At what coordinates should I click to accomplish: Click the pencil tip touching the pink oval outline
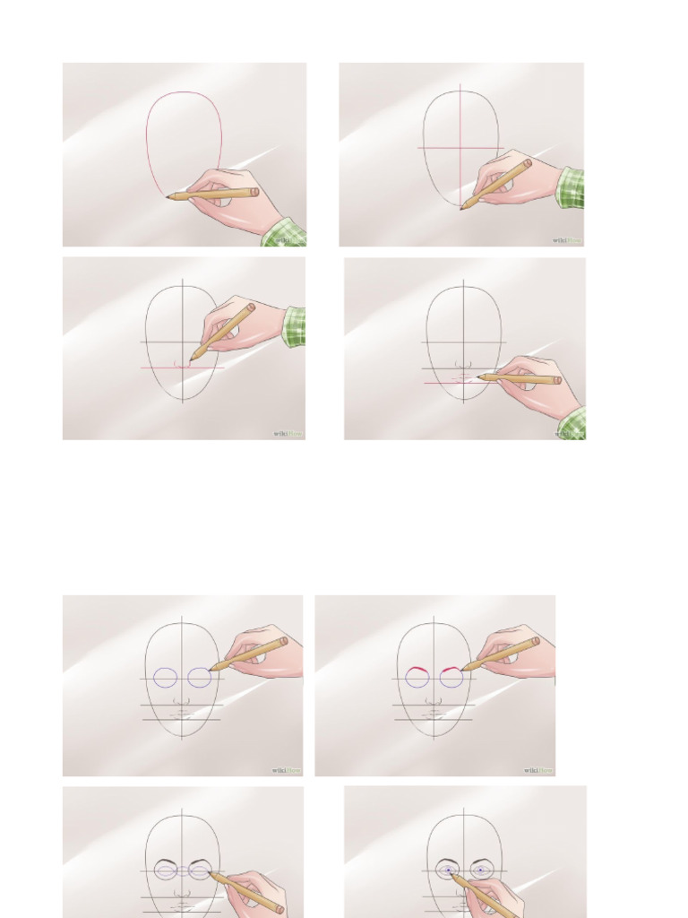(168, 196)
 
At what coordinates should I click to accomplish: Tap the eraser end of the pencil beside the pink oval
(254, 191)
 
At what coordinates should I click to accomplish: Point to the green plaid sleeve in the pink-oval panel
(285, 233)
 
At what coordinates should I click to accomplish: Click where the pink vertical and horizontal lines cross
(461, 147)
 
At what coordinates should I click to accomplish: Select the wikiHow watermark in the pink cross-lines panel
(566, 239)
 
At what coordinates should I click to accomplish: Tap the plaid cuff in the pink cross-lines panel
(570, 187)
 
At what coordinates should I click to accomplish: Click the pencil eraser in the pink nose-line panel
(251, 307)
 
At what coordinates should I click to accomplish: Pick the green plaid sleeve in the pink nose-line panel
(294, 326)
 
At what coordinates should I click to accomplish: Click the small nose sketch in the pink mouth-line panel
(463, 365)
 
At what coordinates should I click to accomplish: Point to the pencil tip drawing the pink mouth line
(479, 377)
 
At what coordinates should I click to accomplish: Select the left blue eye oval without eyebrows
(166, 678)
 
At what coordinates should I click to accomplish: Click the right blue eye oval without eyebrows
(200, 678)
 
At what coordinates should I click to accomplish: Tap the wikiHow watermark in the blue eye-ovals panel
(288, 769)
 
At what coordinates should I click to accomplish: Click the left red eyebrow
(415, 671)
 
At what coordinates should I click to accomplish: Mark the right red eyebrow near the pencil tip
(450, 670)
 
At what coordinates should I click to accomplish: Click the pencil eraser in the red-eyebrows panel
(536, 641)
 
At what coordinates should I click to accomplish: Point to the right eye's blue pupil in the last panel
(481, 870)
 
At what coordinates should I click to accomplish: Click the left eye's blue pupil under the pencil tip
(448, 870)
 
